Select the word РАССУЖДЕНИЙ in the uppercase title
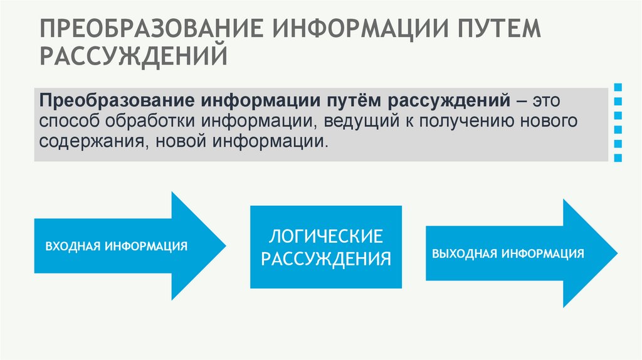(134, 57)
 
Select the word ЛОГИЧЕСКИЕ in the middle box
(325, 237)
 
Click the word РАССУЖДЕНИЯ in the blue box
(325, 258)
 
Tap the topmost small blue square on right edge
(619, 86)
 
